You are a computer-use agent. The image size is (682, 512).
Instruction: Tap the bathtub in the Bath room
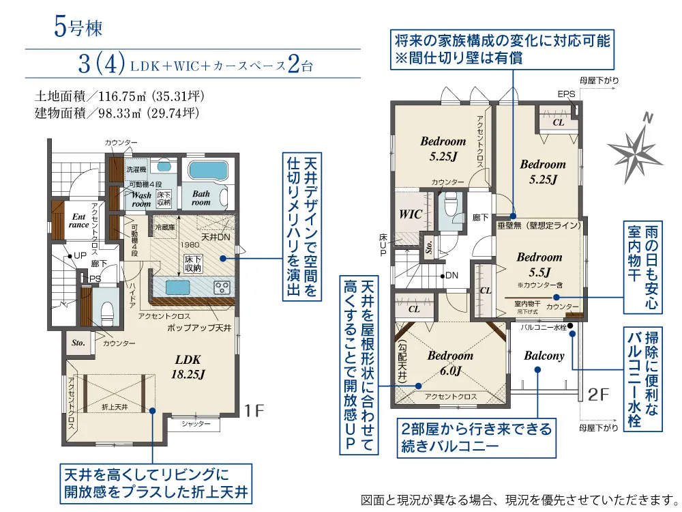coord(207,170)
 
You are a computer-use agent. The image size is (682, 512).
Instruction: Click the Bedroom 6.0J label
coord(451,362)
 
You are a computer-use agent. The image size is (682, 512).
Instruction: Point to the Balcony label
coord(544,356)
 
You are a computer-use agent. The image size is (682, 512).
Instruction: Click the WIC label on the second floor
coord(411,213)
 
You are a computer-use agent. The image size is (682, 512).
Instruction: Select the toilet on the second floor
coord(450,205)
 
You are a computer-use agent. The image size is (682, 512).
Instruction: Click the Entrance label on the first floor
coord(78,221)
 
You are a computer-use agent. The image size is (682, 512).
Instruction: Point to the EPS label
coord(566,94)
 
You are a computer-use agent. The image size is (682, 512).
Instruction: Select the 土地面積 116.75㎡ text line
coord(119,96)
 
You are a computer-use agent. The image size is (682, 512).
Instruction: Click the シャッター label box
coord(196,424)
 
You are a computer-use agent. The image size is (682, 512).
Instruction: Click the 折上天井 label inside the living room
coord(115,407)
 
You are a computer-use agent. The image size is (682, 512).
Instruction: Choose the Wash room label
coord(140,199)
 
